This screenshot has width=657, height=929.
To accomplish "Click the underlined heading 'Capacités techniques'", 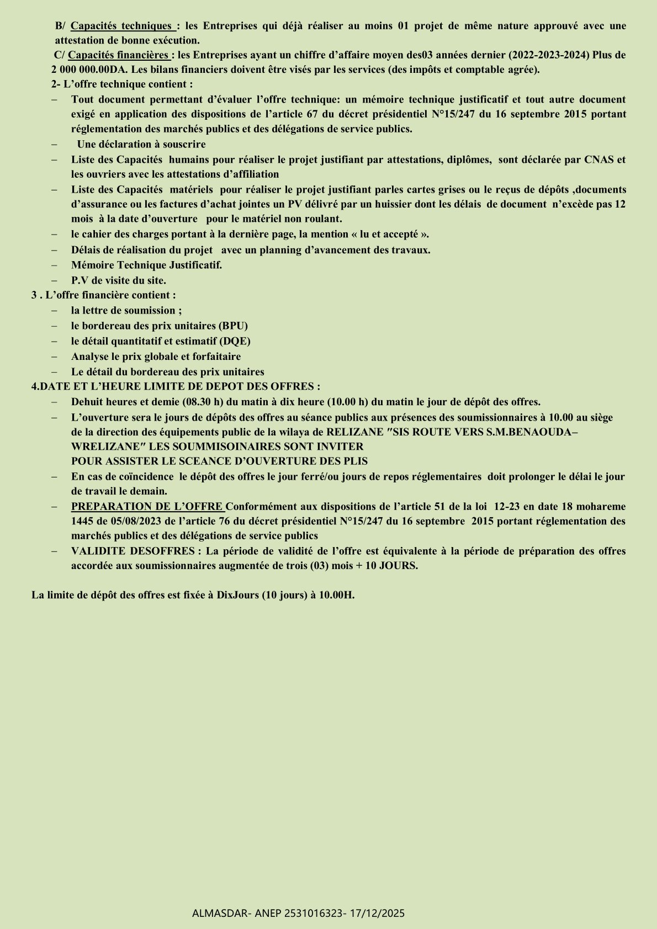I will [121, 26].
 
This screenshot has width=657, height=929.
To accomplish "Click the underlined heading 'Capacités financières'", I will [118, 55].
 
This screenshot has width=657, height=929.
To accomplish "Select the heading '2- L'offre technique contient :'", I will [122, 84].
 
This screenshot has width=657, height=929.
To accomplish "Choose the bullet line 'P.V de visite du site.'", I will [118, 280].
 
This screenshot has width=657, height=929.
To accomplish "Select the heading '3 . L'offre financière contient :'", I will [104, 295].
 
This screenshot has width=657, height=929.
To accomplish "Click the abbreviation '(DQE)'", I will [235, 341].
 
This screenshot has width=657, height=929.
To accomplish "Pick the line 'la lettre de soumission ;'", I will [126, 310].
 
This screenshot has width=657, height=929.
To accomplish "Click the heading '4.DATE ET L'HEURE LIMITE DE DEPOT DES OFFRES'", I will [176, 386].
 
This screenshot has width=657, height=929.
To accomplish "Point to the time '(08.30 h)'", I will [202, 402].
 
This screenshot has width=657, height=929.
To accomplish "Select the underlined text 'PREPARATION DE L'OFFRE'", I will [147, 506].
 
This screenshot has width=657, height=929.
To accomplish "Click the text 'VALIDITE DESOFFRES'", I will [133, 551].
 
